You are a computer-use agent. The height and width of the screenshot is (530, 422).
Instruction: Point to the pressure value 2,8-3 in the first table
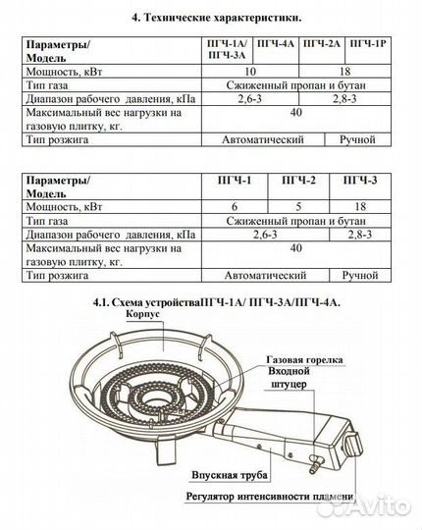(x=343, y=100)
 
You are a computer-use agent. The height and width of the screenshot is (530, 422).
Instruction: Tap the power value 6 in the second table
(x=260, y=209)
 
